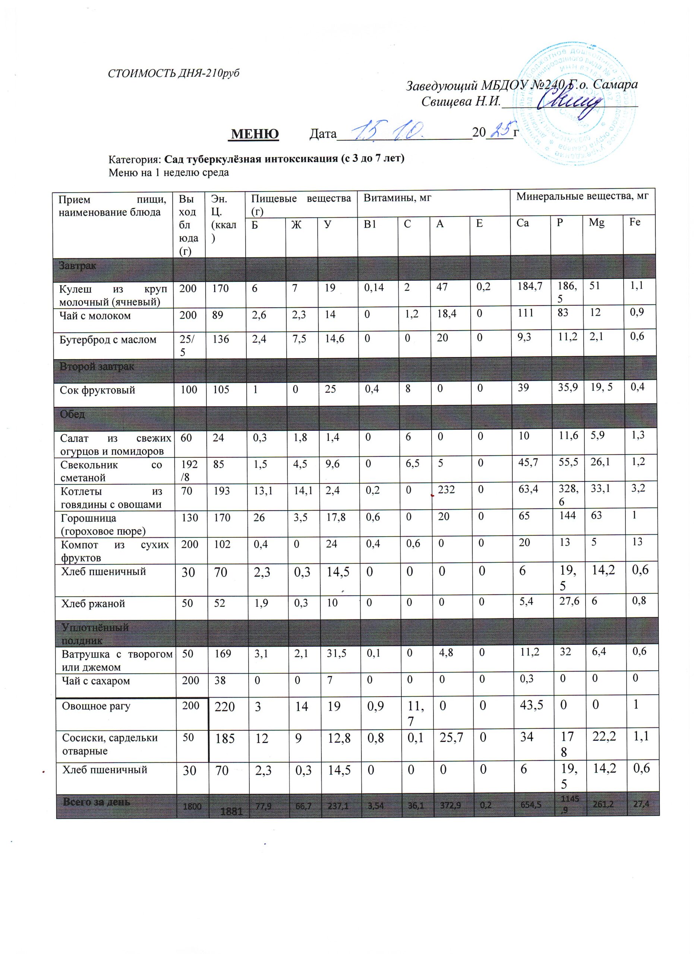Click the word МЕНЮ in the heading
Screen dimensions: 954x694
[x=255, y=134]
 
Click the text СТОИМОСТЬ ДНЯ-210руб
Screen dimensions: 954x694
[x=174, y=73]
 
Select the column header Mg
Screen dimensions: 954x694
[x=596, y=222]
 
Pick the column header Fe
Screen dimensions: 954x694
[x=635, y=222]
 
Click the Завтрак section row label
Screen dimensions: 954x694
[x=78, y=266]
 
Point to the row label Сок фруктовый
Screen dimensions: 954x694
[x=97, y=390]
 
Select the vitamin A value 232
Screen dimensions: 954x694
[x=446, y=490]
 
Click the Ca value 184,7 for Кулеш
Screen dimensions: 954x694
[x=530, y=287]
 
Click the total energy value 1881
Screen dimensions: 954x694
[x=231, y=811]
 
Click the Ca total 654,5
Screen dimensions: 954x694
[x=531, y=805]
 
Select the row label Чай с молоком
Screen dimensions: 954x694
[x=95, y=316]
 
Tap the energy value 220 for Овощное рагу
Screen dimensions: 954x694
[x=225, y=707]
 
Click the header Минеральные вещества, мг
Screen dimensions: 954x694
[x=582, y=196]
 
